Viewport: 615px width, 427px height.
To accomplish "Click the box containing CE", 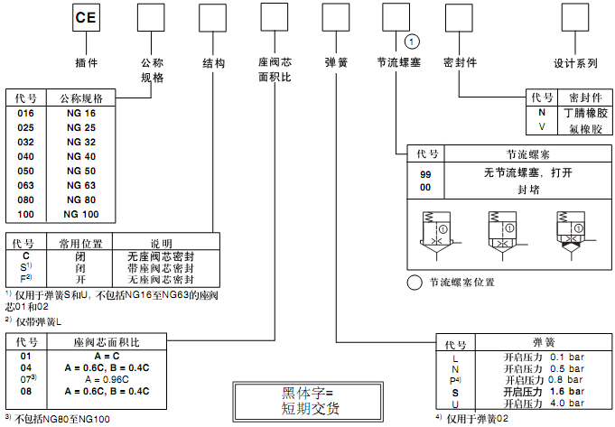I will pyautogui.click(x=87, y=18).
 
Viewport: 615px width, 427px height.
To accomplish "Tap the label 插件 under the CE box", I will pyautogui.click(x=87, y=64).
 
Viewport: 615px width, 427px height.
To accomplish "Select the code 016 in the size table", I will pyautogui.click(x=25, y=114).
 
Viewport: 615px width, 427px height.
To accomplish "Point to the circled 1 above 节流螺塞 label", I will pyautogui.click(x=412, y=42).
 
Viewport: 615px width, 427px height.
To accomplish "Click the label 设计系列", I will pyautogui.click(x=575, y=64).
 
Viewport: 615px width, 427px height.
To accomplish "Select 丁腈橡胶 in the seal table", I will pyautogui.click(x=585, y=113).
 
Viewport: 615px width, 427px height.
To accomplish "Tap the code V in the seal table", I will pyautogui.click(x=542, y=127).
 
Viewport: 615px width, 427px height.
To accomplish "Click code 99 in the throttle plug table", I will pyautogui.click(x=426, y=172).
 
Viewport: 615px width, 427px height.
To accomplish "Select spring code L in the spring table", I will pyautogui.click(x=455, y=358).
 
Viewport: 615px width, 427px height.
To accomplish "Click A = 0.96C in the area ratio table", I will pyautogui.click(x=107, y=380).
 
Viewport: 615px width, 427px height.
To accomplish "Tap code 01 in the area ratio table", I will pyautogui.click(x=25, y=356).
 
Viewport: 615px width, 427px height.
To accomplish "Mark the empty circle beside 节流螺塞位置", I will pyautogui.click(x=415, y=282).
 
